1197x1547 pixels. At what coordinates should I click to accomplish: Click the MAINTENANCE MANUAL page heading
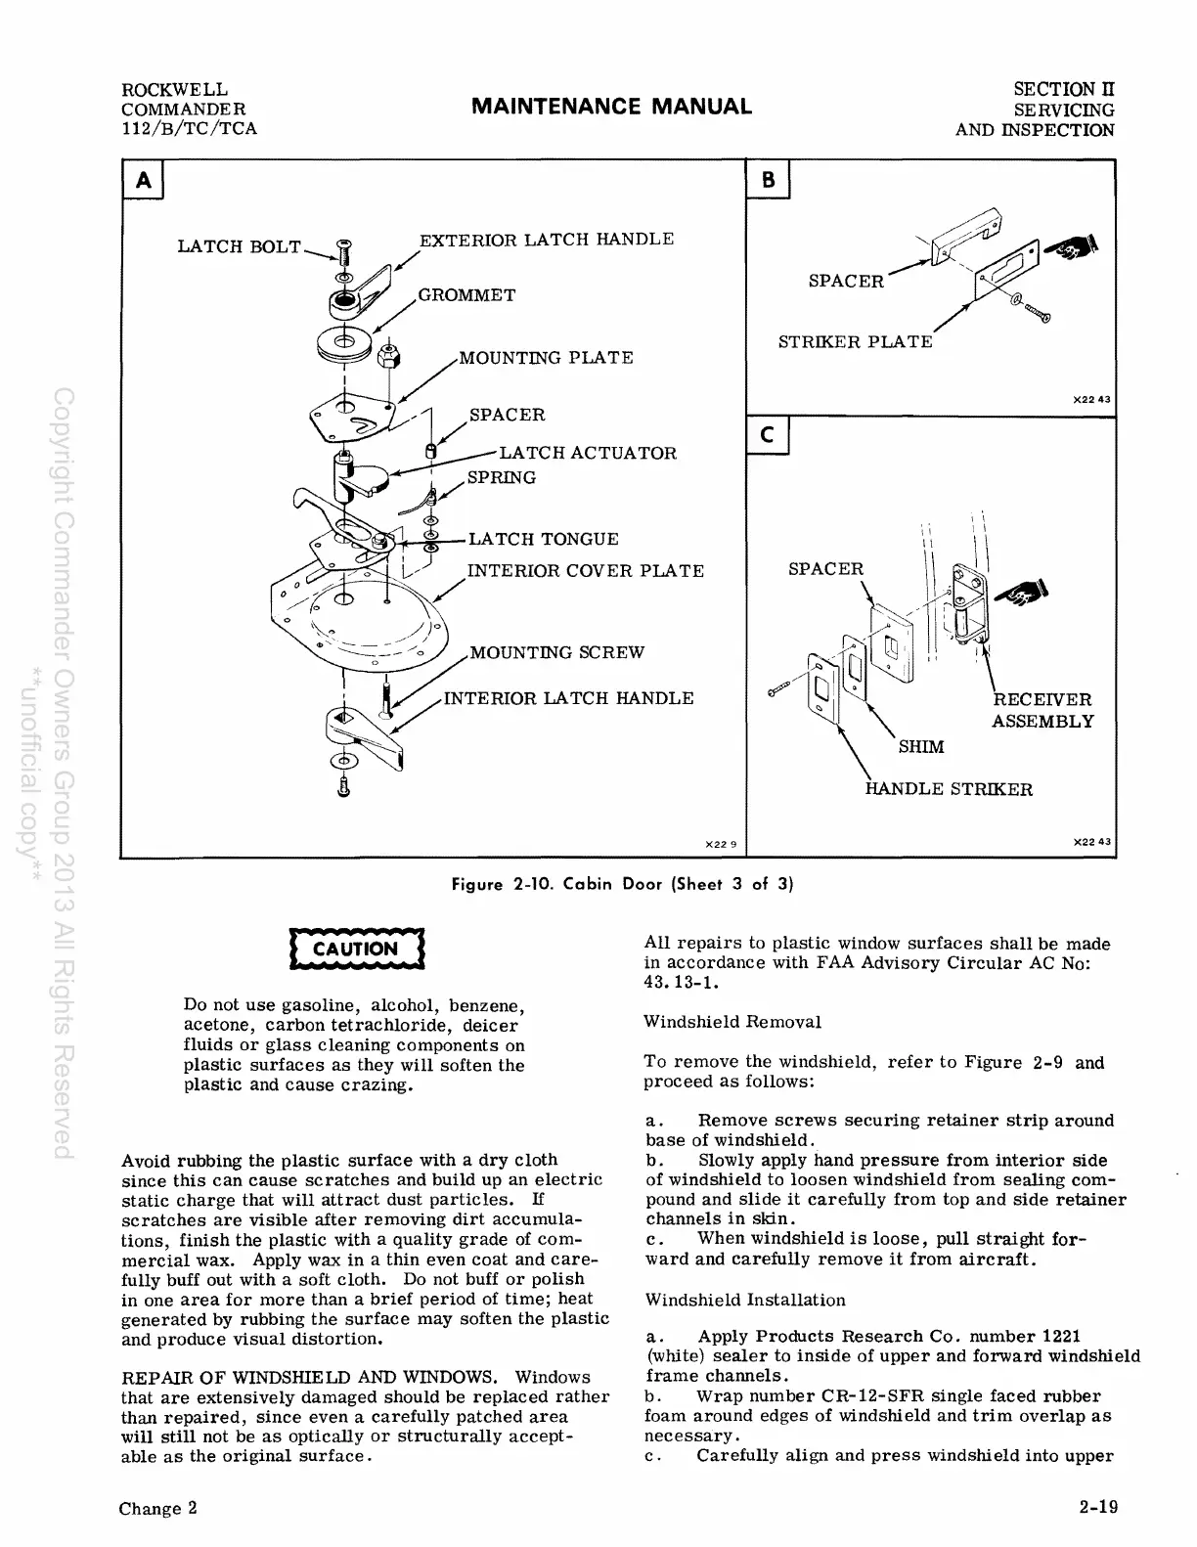pyautogui.click(x=611, y=107)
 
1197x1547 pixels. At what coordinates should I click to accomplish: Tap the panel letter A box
pyautogui.click(x=142, y=181)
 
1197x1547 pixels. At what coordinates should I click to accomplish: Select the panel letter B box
pyautogui.click(x=768, y=181)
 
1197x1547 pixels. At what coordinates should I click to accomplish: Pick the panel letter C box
pyautogui.click(x=768, y=437)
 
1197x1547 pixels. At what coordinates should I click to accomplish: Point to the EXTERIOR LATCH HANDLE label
pyautogui.click(x=547, y=240)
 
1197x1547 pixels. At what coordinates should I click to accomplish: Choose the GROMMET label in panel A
pyautogui.click(x=466, y=295)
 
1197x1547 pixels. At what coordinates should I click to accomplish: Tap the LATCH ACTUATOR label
pyautogui.click(x=588, y=453)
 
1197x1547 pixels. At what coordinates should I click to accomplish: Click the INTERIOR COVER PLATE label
pyautogui.click(x=586, y=571)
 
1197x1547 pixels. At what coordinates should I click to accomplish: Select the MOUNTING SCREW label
pyautogui.click(x=557, y=652)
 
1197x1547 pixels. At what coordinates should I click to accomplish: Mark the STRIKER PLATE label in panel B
pyautogui.click(x=856, y=342)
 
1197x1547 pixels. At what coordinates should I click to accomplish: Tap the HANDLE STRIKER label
pyautogui.click(x=949, y=789)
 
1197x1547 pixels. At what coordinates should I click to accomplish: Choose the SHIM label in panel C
pyautogui.click(x=921, y=747)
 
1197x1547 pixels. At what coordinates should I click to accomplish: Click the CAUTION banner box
pyautogui.click(x=357, y=949)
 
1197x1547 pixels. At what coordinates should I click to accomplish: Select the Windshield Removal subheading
pyautogui.click(x=731, y=1022)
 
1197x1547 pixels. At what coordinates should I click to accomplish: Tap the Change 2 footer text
pyautogui.click(x=158, y=1508)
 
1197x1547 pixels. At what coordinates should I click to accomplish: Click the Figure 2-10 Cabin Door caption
pyautogui.click(x=621, y=885)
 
